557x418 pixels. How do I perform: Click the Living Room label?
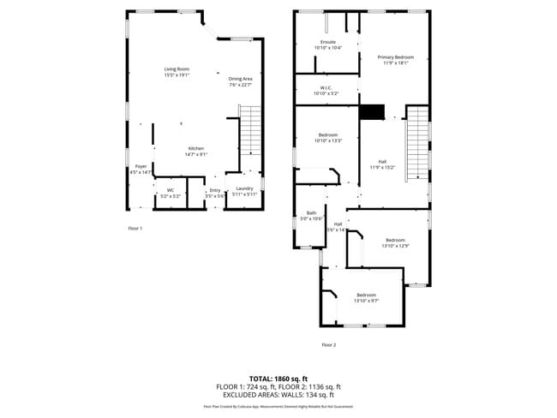(177, 71)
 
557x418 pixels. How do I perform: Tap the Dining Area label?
(241, 81)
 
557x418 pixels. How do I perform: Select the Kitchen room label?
(197, 151)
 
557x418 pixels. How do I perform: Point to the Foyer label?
(141, 169)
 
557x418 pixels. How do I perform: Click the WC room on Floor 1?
(171, 193)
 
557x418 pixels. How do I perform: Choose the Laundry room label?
(244, 191)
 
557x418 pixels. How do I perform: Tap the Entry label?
(215, 193)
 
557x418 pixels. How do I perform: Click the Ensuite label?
(328, 45)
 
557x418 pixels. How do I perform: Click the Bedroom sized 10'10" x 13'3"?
(328, 137)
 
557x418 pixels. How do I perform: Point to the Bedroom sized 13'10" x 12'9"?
(395, 242)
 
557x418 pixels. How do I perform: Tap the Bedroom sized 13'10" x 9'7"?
(366, 297)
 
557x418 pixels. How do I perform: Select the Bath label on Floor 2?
(311, 216)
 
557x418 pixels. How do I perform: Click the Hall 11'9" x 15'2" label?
(382, 164)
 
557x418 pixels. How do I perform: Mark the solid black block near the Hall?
(372, 112)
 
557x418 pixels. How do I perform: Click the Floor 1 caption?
(135, 229)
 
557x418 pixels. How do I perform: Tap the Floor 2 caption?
(329, 344)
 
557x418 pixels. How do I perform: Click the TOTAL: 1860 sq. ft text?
(278, 378)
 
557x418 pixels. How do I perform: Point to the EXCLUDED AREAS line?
(278, 395)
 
